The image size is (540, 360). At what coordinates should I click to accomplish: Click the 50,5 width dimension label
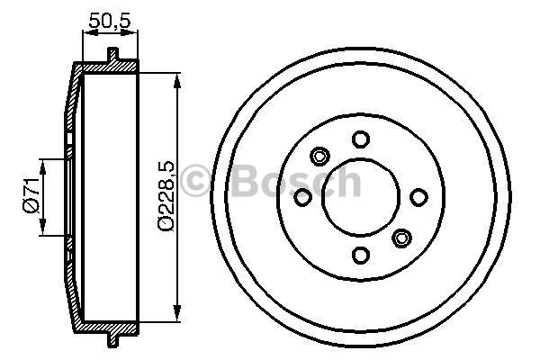(x=110, y=18)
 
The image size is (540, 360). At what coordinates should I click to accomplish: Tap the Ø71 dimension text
(x=31, y=196)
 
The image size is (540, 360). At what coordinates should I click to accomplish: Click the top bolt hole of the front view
(x=361, y=139)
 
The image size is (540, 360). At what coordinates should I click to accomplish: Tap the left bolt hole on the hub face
(x=303, y=197)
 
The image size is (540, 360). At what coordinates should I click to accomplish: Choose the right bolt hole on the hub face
(x=418, y=197)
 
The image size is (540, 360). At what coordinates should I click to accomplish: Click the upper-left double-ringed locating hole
(x=319, y=156)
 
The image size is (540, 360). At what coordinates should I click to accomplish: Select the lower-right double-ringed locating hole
(x=402, y=238)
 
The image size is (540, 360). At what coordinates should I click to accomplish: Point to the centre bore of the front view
(x=361, y=197)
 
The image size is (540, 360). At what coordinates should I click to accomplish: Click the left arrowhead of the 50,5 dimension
(x=86, y=35)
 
